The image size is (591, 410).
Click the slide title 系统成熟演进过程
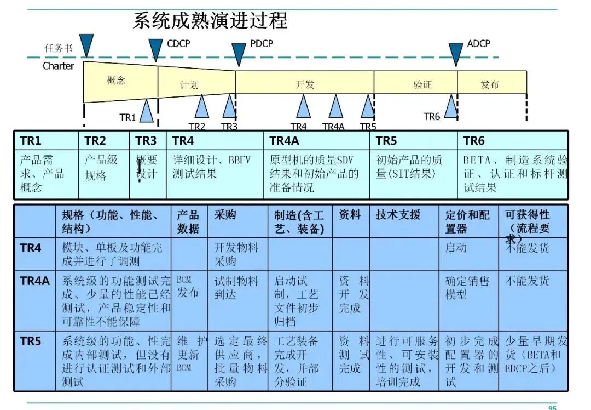click(x=210, y=21)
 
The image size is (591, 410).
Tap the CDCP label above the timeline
click(x=178, y=43)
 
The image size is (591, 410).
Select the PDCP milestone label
click(x=261, y=43)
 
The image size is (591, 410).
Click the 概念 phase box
click(x=116, y=81)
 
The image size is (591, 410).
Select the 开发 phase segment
click(x=305, y=84)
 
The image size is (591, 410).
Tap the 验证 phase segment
click(x=422, y=84)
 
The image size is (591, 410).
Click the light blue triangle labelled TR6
click(x=450, y=107)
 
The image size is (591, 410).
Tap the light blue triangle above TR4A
click(x=335, y=107)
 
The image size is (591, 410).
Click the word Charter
click(x=58, y=66)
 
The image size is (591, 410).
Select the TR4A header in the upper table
click(x=284, y=141)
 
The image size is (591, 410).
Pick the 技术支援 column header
click(x=398, y=214)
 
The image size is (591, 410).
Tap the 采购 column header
click(x=225, y=214)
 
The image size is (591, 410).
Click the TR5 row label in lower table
click(x=31, y=341)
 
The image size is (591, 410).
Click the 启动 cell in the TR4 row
click(x=456, y=248)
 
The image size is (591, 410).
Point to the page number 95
click(x=552, y=407)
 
